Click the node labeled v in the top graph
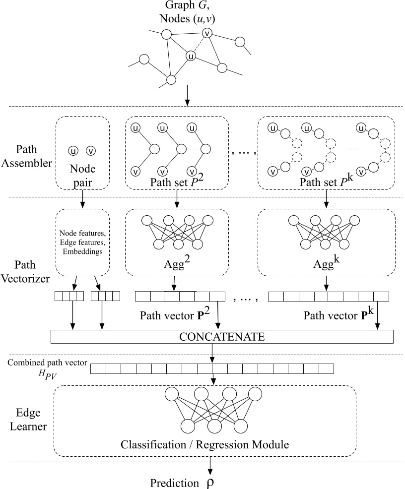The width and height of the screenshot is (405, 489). [207, 33]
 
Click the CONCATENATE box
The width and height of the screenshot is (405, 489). [222, 337]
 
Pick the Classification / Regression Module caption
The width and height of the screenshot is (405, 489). [204, 444]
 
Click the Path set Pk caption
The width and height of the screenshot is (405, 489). [325, 182]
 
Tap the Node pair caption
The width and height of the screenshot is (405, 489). [82, 177]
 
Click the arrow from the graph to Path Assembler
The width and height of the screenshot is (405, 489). [187, 95]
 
